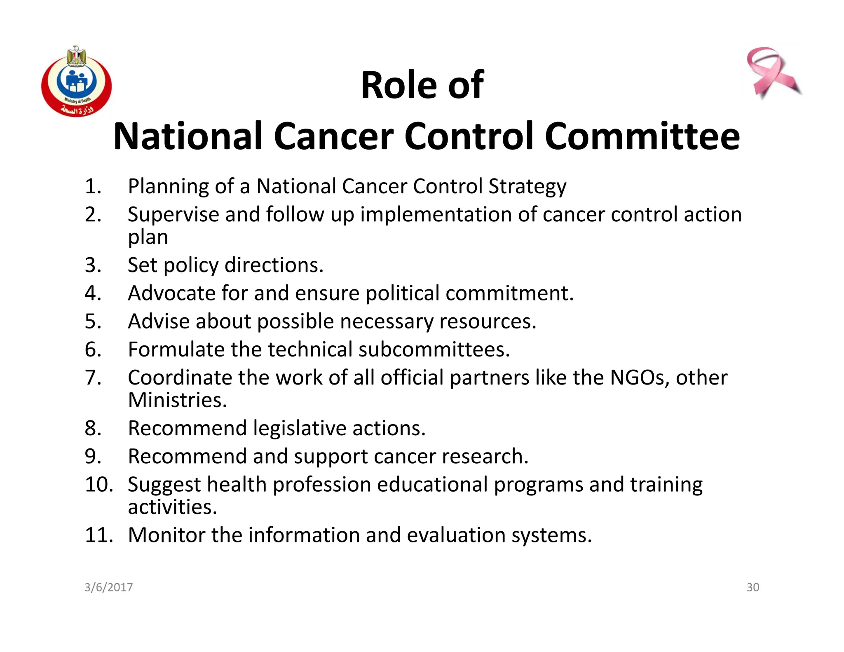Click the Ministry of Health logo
[x=77, y=82]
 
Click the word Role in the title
[x=398, y=85]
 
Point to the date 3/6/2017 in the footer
[x=108, y=587]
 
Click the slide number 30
[x=753, y=587]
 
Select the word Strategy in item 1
[x=527, y=186]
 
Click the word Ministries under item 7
[x=177, y=400]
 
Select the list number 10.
[x=98, y=484]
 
